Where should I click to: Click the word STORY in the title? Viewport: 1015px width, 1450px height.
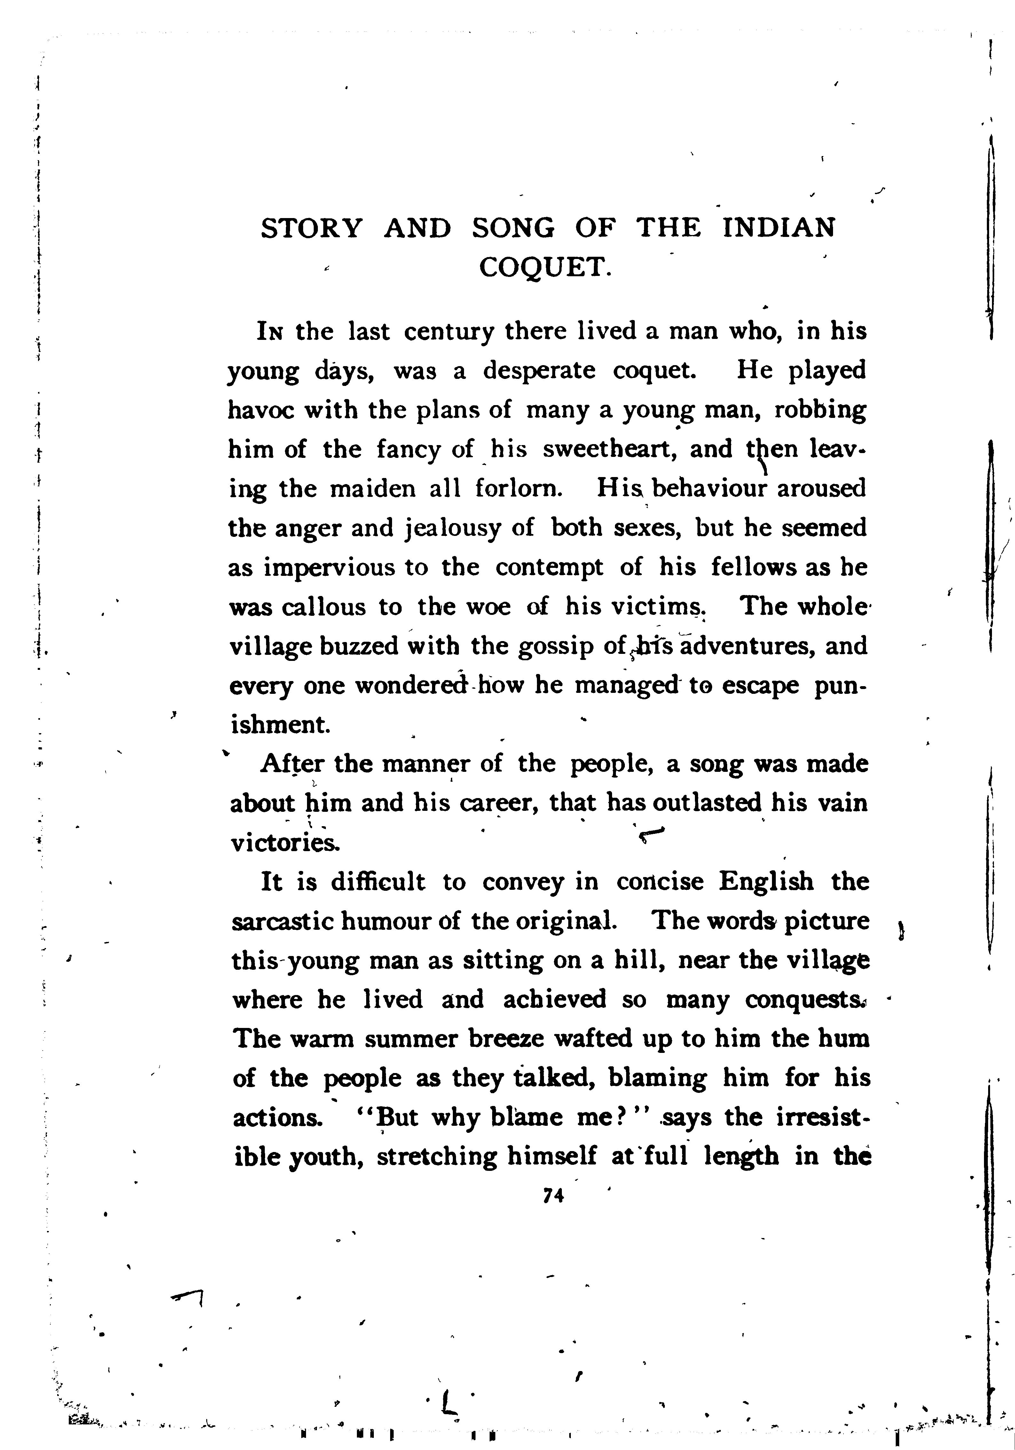click(312, 228)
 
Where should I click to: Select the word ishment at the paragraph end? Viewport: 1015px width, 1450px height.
click(279, 725)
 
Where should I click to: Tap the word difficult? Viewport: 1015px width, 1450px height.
click(378, 882)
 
